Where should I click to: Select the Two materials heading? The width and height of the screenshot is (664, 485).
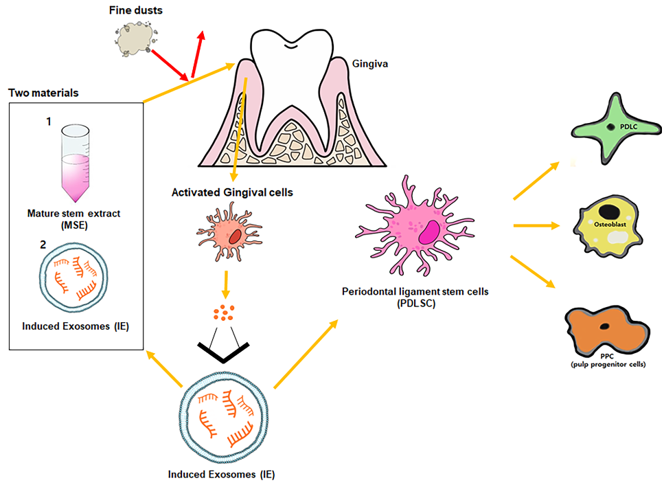tap(43, 92)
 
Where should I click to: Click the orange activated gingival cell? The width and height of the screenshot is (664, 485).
tap(231, 236)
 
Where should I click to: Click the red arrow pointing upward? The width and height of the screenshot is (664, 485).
tap(197, 52)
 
